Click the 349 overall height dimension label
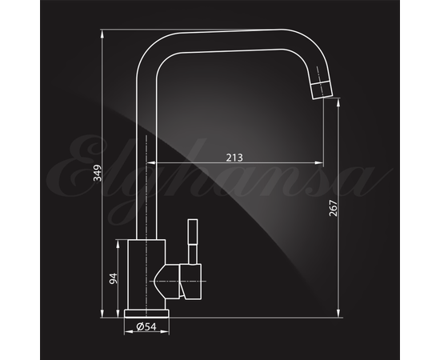(98, 173)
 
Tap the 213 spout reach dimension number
(234, 158)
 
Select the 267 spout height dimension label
(333, 208)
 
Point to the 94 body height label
(114, 278)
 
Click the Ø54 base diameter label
(146, 326)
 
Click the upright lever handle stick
(193, 242)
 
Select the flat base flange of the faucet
(146, 314)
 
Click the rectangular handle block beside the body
(191, 282)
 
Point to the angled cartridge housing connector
(167, 282)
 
